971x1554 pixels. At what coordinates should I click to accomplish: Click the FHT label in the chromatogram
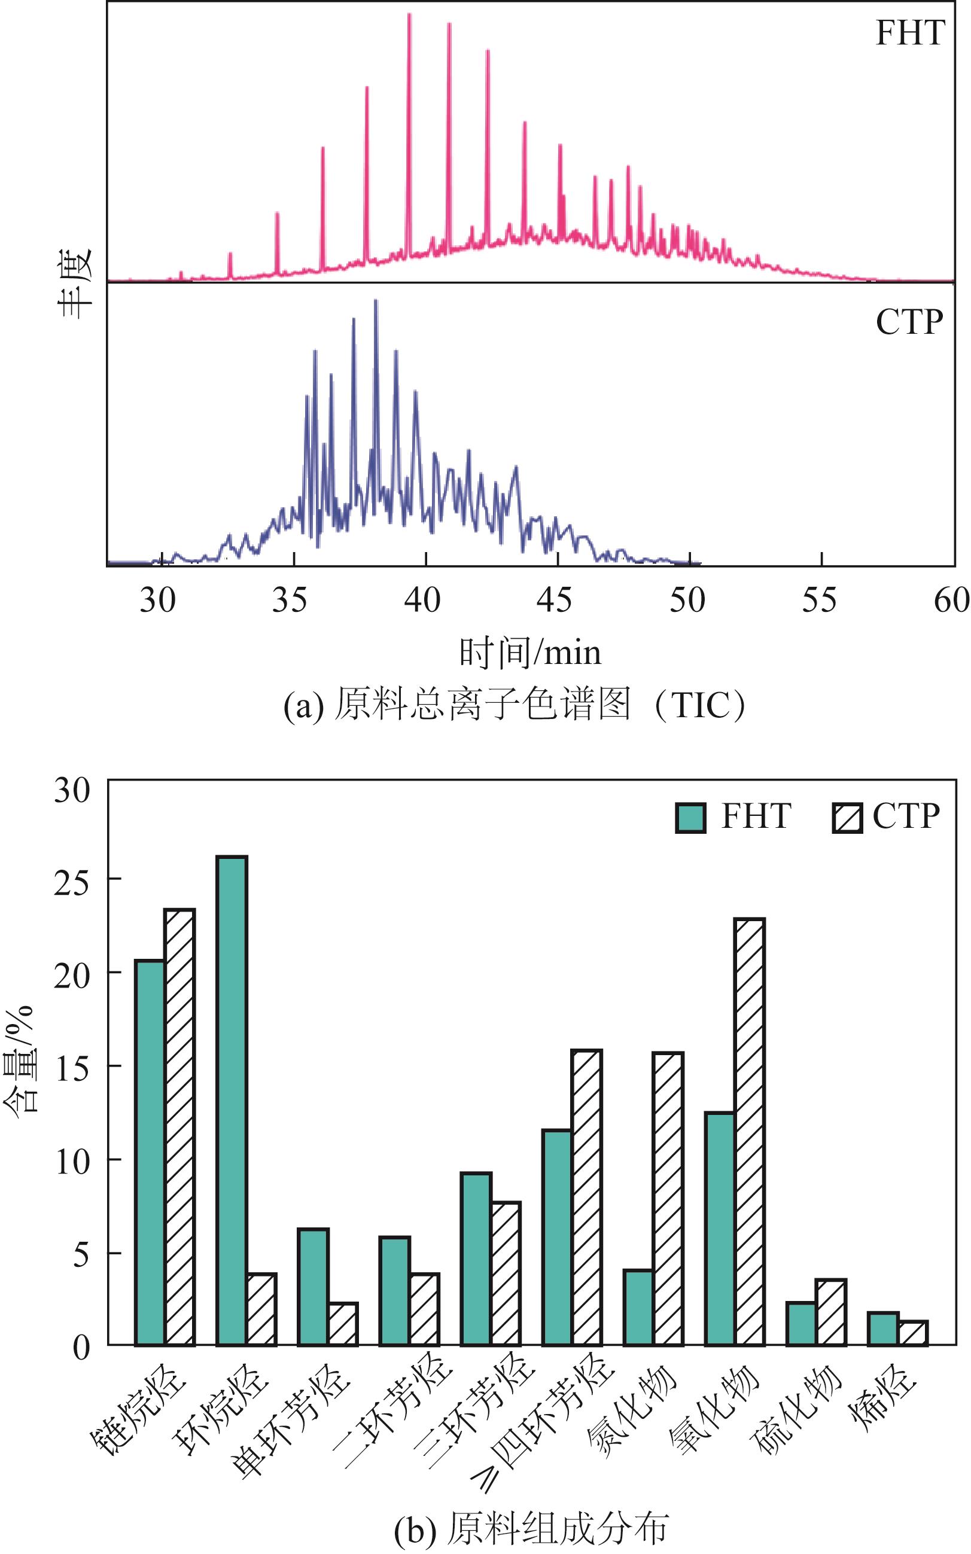[x=910, y=33]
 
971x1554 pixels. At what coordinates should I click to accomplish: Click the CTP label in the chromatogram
[x=909, y=322]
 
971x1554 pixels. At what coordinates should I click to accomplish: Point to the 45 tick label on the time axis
[x=553, y=601]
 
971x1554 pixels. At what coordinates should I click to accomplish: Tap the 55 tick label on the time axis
[x=819, y=601]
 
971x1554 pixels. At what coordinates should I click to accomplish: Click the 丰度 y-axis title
[x=76, y=283]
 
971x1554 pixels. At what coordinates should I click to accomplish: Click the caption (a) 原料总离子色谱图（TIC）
[x=514, y=705]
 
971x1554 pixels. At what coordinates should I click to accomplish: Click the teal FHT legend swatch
[x=690, y=818]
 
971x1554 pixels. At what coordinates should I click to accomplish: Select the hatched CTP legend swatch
[x=847, y=818]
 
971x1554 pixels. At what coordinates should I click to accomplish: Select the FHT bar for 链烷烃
[x=150, y=1152]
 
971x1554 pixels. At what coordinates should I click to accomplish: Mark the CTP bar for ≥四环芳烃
[x=586, y=1197]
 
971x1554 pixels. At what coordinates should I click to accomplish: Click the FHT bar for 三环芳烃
[x=476, y=1258]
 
